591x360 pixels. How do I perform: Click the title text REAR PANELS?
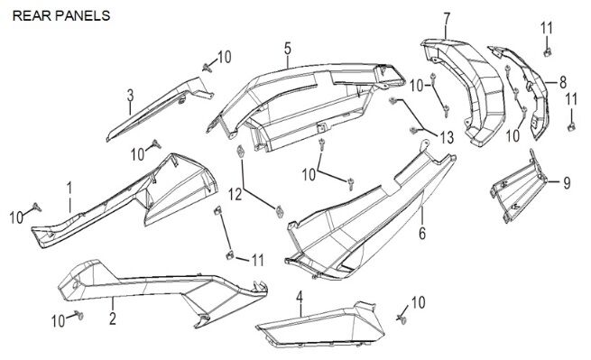61,16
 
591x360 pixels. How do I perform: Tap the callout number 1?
69,189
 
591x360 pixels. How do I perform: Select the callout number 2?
112,318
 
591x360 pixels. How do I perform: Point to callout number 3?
130,96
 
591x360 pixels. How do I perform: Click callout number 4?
300,297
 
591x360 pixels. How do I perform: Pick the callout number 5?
288,49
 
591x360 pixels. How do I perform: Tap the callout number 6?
422,234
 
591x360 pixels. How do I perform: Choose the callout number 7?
447,19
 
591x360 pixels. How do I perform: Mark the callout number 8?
563,82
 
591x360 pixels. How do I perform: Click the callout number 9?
567,183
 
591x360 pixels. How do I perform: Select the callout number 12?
235,195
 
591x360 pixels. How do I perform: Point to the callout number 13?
447,138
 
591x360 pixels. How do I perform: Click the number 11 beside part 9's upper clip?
571,100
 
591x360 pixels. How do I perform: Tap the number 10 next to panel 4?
418,302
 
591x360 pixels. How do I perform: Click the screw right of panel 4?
402,319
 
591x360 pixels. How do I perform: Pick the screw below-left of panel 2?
78,315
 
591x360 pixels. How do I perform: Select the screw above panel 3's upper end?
206,68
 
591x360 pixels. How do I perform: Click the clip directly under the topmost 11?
547,52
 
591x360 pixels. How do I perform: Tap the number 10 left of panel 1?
16,217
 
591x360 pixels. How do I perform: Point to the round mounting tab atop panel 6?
425,143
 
